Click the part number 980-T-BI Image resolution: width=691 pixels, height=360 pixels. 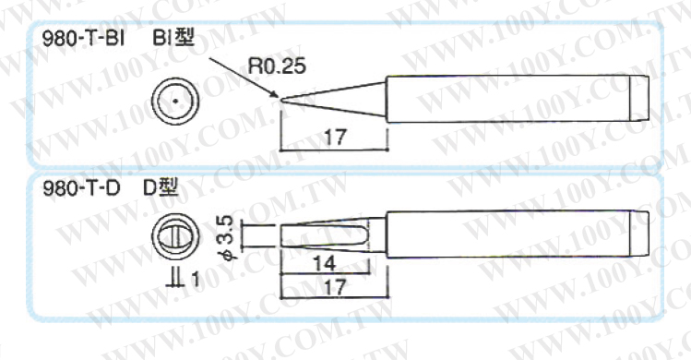pos(83,39)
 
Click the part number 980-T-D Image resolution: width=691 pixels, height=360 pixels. pos(81,189)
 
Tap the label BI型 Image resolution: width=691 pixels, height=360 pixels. pos(173,39)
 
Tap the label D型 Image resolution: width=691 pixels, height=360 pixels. pos(161,188)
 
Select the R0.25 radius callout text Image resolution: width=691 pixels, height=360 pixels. pos(277,66)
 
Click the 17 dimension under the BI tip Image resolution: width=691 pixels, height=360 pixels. pos(335,138)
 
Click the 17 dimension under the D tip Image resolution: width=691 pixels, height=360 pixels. pos(335,287)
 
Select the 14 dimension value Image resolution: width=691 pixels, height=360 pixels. pos(325,264)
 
